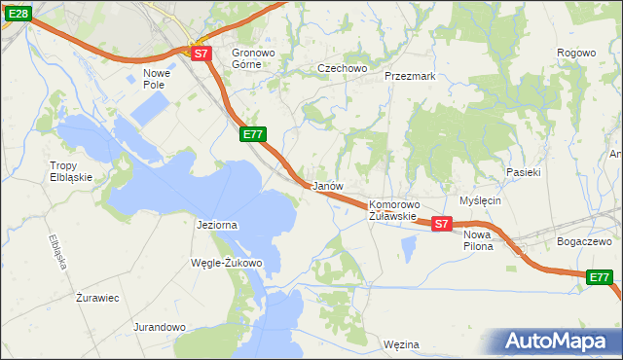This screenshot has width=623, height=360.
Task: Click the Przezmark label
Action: point(410,75)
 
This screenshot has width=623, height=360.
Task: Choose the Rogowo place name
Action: point(575,53)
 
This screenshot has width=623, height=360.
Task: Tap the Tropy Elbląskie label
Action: point(71,171)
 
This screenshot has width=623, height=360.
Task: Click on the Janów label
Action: point(325,185)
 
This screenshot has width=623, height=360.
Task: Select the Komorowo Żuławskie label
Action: point(393,210)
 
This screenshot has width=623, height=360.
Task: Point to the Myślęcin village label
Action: point(480,200)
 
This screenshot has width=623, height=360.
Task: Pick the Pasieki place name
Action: point(523,171)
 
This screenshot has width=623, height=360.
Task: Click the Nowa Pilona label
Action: point(478,240)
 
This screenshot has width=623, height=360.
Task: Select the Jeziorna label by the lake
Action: point(217,225)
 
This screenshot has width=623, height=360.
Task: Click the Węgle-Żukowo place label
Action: point(228,263)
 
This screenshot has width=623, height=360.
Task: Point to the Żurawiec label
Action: point(97,298)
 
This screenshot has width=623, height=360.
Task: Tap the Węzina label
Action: point(401,344)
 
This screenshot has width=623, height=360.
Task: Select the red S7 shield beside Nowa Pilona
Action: point(441,224)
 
